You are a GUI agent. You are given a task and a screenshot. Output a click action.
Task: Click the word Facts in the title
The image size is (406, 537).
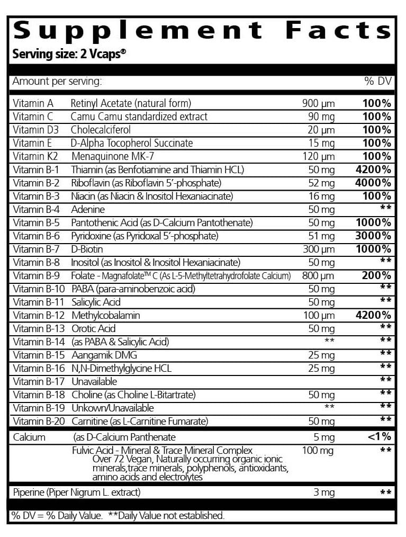click(339, 30)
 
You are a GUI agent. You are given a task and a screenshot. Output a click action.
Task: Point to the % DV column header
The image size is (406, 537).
click(377, 82)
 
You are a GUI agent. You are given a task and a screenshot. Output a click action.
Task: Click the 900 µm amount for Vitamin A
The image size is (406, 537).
click(318, 103)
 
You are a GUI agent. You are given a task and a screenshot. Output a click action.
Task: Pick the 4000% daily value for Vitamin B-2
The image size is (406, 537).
click(373, 183)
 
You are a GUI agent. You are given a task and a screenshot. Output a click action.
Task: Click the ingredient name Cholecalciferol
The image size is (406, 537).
click(101, 130)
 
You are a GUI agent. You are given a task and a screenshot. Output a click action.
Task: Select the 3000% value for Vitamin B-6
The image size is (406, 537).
click(373, 236)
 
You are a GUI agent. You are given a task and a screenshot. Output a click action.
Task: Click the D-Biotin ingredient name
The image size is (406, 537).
click(87, 249)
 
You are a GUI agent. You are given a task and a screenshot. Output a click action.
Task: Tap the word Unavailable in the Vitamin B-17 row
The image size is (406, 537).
click(94, 381)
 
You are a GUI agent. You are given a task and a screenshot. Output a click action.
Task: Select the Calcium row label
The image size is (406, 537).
click(29, 437)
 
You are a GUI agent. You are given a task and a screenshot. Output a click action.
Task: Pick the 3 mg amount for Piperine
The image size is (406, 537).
click(323, 493)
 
